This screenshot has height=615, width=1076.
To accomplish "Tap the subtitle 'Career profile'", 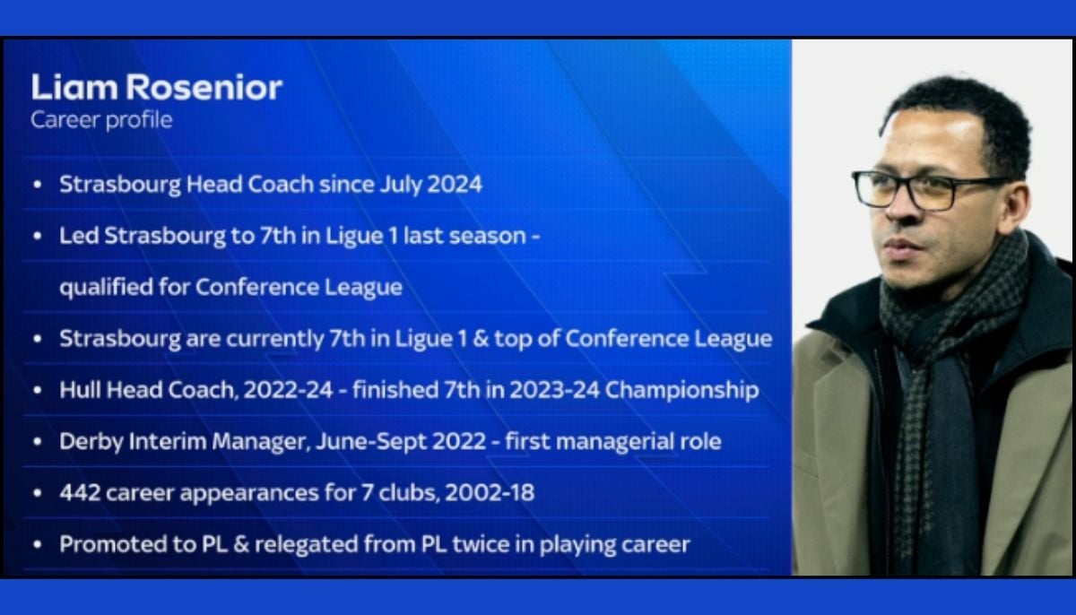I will pyautogui.click(x=101, y=119).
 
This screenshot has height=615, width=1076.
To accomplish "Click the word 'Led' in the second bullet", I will pyautogui.click(x=75, y=236).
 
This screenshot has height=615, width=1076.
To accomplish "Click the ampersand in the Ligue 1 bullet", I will pyautogui.click(x=517, y=340).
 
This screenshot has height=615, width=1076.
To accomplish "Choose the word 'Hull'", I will pyautogui.click(x=77, y=391).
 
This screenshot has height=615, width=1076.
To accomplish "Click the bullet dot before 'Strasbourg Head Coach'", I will pyautogui.click(x=36, y=185).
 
